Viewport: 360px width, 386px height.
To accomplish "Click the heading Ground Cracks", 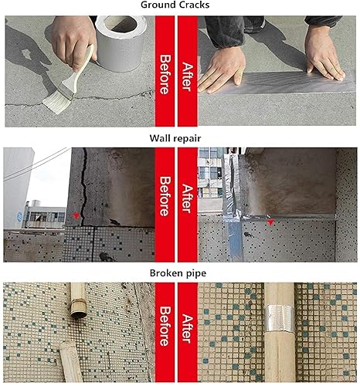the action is pyautogui.click(x=175, y=5).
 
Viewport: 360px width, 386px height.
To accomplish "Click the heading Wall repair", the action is pyautogui.click(x=175, y=138).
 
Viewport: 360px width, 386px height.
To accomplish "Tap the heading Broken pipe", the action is pyautogui.click(x=178, y=273).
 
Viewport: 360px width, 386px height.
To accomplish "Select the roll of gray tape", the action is pyautogui.click(x=120, y=44).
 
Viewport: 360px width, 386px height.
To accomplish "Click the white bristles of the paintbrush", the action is pyautogui.click(x=57, y=101).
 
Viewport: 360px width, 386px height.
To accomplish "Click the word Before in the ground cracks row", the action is pyautogui.click(x=165, y=74).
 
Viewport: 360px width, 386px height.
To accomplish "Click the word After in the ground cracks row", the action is pyautogui.click(x=188, y=76).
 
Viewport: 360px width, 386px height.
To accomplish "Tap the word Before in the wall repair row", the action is pyautogui.click(x=165, y=196).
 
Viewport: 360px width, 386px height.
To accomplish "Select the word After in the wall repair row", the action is pyautogui.click(x=188, y=198).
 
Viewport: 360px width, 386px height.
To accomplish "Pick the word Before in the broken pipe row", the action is pyautogui.click(x=165, y=326).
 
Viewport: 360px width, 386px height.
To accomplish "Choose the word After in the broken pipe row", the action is pyautogui.click(x=188, y=329).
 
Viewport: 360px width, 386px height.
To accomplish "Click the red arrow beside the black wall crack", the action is pyautogui.click(x=76, y=215).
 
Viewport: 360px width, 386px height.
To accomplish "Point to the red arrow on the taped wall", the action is pyautogui.click(x=270, y=222).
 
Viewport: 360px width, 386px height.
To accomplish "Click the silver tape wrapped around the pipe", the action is pyautogui.click(x=280, y=319).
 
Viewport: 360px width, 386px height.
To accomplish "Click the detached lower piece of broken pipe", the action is pyautogui.click(x=70, y=361).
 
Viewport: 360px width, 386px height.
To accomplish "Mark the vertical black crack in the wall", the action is pyautogui.click(x=83, y=187).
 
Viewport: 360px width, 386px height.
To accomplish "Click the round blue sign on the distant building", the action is pyautogui.click(x=19, y=215).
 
